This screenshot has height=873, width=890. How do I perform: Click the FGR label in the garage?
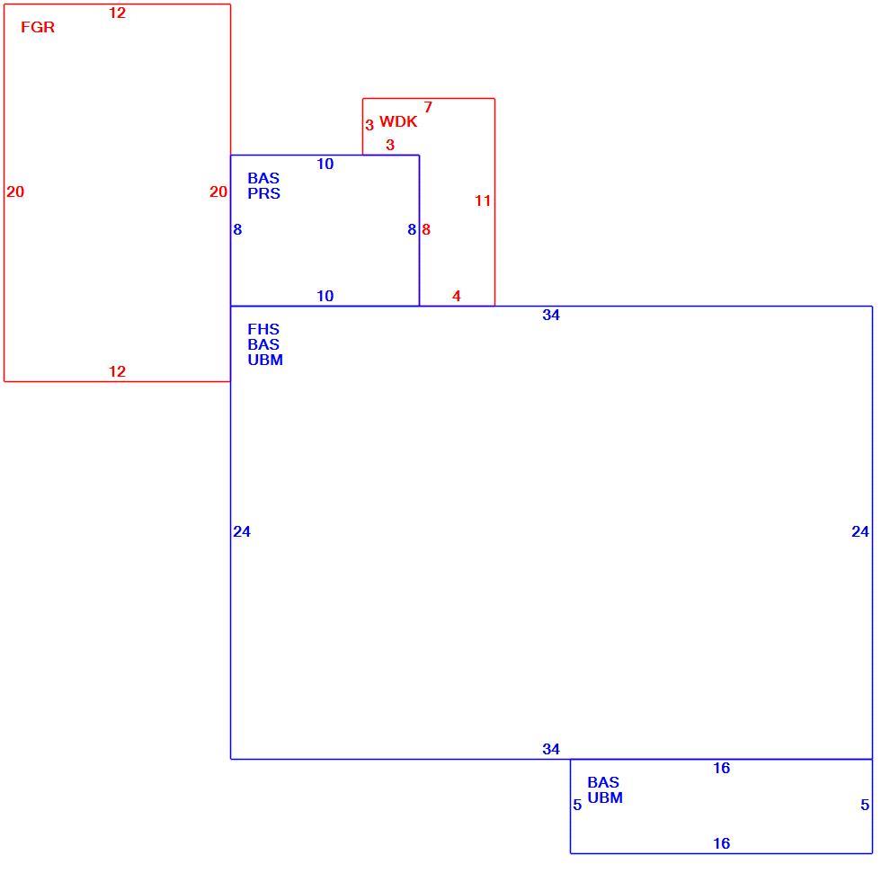click(38, 27)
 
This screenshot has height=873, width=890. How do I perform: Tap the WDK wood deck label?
click(398, 121)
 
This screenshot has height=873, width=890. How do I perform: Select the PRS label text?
click(263, 193)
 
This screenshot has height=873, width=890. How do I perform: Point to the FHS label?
click(263, 329)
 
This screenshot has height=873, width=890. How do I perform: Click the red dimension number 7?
click(428, 107)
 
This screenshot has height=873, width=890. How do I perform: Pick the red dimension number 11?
click(483, 200)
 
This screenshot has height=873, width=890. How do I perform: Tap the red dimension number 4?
click(457, 296)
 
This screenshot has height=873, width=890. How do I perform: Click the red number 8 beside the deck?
click(426, 229)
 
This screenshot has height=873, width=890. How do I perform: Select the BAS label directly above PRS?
click(263, 178)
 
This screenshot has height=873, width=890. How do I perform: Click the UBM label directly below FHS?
click(265, 360)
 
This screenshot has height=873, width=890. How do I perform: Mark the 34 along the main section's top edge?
click(550, 315)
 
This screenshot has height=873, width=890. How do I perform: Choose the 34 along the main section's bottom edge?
click(550, 749)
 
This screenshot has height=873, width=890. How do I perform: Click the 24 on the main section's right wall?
click(860, 531)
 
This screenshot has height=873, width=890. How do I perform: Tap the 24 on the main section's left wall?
click(242, 531)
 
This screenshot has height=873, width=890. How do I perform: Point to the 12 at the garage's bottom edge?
click(117, 371)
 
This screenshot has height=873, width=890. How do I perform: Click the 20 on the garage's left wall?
click(15, 192)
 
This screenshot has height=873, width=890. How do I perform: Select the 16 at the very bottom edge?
click(721, 843)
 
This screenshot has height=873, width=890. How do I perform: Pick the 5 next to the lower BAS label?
click(577, 805)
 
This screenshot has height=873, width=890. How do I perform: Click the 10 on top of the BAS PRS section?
click(325, 164)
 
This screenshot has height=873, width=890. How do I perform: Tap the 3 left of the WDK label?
click(369, 125)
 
